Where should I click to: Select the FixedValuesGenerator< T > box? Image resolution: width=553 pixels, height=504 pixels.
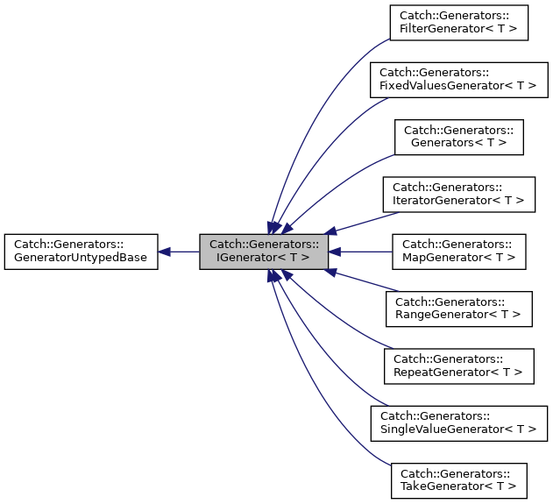click(459, 80)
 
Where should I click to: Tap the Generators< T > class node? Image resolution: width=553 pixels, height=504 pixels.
click(459, 138)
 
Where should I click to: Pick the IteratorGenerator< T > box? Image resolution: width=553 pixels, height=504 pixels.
click(459, 195)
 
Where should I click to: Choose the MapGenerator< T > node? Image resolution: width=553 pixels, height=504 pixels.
click(459, 252)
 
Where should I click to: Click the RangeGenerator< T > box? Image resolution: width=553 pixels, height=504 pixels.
click(459, 309)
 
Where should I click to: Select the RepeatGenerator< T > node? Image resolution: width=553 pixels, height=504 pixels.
click(459, 366)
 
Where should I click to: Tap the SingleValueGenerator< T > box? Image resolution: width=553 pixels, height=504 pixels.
click(459, 423)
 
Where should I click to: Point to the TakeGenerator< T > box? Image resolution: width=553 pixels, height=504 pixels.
click(459, 481)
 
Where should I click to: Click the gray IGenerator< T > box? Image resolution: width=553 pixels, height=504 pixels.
click(264, 252)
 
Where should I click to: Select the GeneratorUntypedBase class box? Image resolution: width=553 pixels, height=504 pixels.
click(81, 252)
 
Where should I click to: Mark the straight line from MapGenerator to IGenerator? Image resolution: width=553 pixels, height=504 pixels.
click(364, 252)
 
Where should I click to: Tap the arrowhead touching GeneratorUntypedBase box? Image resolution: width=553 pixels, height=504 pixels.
click(165, 252)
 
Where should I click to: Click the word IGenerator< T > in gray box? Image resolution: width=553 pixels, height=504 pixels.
click(264, 259)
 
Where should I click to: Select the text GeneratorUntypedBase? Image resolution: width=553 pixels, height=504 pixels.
click(81, 259)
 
